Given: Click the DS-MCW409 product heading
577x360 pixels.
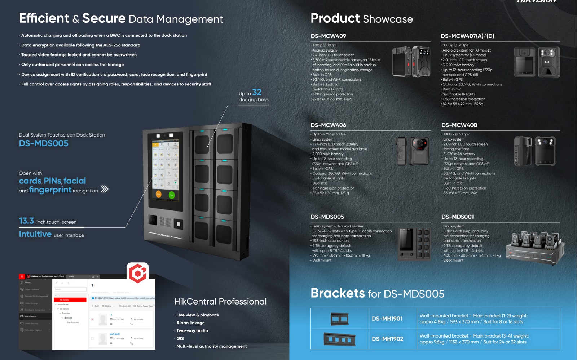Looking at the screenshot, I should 328,36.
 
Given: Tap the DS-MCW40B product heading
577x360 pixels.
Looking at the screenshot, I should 459,125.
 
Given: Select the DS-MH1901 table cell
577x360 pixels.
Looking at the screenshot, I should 387,319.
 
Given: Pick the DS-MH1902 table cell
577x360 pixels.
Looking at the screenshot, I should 387,339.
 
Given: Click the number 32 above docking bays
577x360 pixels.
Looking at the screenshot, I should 257,92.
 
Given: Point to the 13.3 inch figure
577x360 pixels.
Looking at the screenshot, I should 27,221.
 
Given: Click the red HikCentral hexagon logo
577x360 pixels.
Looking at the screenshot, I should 138,273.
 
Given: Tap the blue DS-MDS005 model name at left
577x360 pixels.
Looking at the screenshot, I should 44,143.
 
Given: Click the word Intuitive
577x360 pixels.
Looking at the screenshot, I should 35,234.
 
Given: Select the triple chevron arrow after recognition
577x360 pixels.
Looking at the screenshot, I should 104,189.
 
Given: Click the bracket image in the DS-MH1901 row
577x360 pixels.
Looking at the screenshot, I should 340,319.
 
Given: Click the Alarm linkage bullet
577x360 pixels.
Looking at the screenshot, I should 190,323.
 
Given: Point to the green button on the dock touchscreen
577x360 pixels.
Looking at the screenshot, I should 172,195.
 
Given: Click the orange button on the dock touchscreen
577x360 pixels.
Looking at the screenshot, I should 158,194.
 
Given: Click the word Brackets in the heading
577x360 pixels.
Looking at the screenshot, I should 338,293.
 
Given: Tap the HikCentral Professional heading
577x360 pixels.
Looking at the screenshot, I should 220,301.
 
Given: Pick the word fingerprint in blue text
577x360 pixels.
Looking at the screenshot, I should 50,190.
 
